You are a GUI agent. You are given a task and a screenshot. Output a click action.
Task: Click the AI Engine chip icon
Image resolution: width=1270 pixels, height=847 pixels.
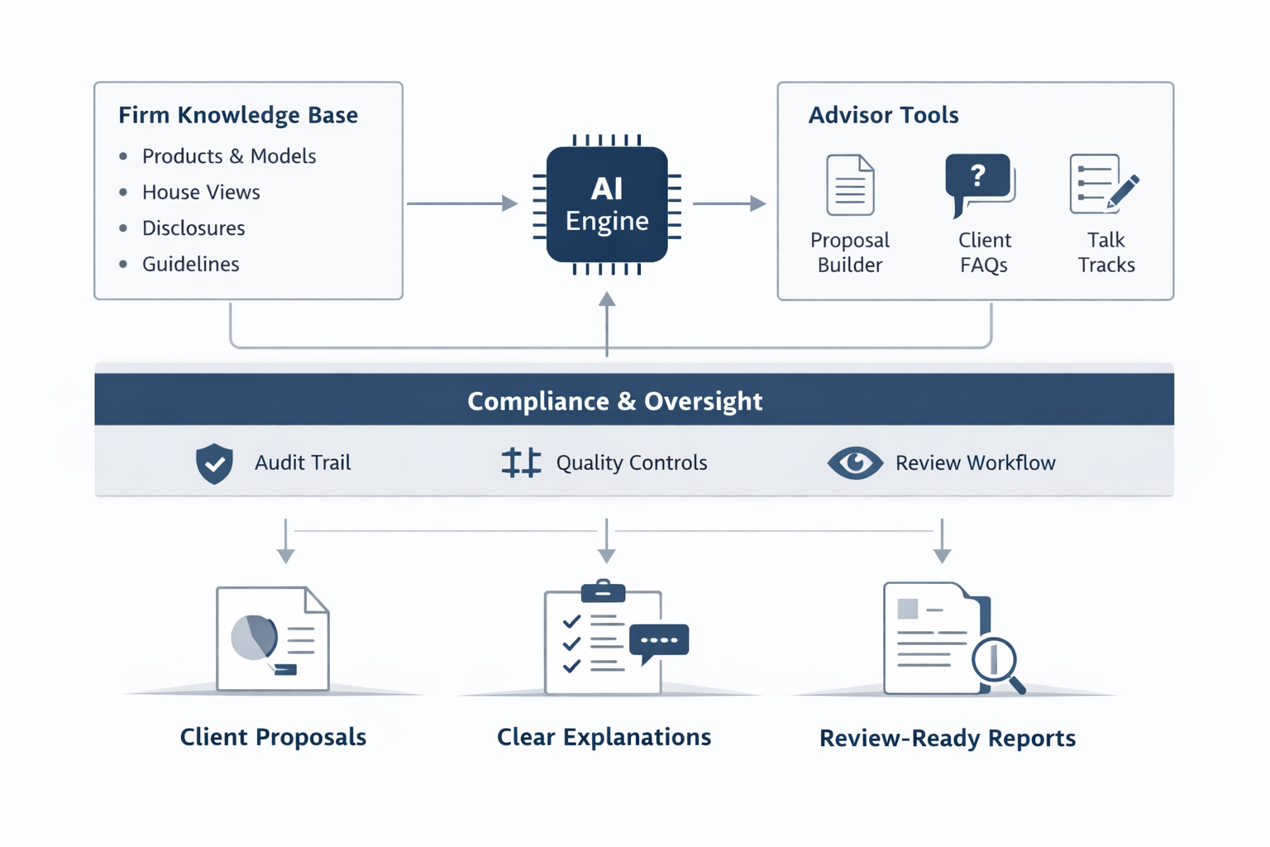coord(607,204)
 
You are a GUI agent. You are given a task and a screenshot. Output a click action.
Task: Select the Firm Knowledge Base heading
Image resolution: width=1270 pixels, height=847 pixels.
coord(238,115)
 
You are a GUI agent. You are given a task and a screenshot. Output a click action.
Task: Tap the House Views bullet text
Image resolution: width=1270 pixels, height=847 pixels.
coord(201,192)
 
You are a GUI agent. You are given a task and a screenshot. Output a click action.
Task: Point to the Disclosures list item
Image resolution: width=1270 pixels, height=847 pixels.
coord(193,228)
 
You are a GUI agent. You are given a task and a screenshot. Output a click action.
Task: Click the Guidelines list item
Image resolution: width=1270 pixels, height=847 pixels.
coord(190,264)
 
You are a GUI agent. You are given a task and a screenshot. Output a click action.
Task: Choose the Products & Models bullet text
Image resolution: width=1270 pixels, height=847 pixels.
coord(229,156)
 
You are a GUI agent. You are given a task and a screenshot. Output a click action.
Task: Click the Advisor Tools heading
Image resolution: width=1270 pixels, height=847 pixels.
coord(883,115)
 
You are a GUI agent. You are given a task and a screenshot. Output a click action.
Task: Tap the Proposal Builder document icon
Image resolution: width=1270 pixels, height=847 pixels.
coord(850,185)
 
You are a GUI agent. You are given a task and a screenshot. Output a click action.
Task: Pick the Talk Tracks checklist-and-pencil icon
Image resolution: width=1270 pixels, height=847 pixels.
coord(1103,184)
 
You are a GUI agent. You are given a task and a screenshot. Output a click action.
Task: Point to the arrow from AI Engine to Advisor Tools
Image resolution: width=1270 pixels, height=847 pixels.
coord(728,203)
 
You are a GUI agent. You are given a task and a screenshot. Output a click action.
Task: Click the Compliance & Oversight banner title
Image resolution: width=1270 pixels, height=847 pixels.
coord(614,401)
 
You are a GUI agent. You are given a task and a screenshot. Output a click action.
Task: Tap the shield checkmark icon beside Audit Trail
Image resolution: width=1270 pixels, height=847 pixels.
coord(214,462)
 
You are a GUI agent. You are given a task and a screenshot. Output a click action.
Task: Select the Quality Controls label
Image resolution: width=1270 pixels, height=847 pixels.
coord(631,462)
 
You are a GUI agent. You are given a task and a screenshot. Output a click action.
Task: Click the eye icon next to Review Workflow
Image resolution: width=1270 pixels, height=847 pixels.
coord(855,462)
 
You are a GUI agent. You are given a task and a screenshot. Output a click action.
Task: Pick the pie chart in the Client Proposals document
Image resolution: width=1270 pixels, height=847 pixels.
coord(254,637)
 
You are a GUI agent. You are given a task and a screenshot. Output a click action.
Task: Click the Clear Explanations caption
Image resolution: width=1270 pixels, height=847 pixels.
coord(604,737)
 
